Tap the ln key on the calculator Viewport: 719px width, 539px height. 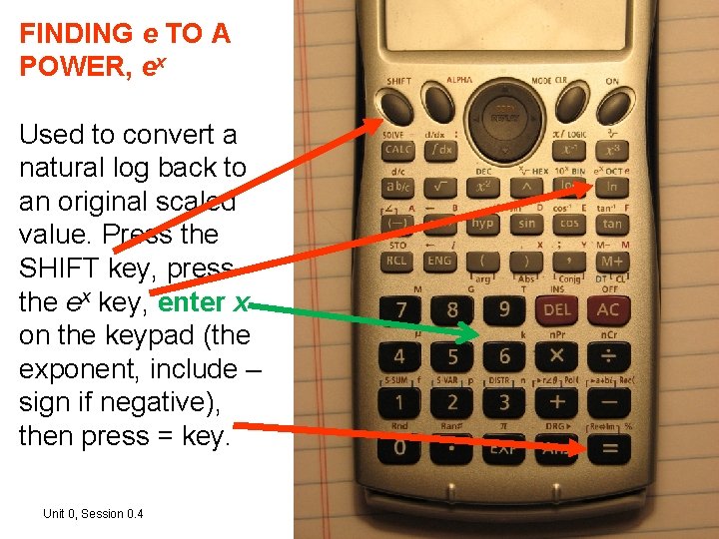point(611,187)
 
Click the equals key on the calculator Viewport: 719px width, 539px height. point(608,448)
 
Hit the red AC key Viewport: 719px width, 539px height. point(607,309)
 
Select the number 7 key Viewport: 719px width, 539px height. point(400,309)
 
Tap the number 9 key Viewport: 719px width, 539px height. point(504,309)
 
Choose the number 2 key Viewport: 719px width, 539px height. point(451,402)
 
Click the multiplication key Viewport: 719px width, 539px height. point(556,356)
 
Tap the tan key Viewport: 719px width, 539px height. point(611,224)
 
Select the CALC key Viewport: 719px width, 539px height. point(398,151)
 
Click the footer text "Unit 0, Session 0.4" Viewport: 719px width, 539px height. point(93,514)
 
